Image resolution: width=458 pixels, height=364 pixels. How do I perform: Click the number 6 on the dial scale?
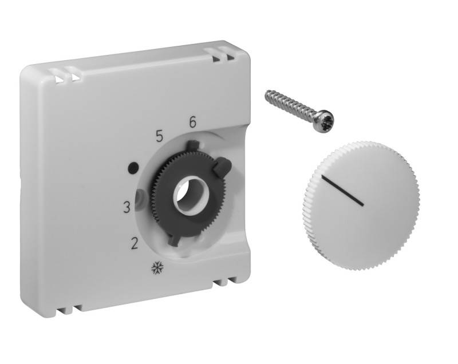[192, 122]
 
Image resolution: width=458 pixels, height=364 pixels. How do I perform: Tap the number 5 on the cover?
[160, 136]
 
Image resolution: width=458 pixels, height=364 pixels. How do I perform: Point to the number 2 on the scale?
[135, 243]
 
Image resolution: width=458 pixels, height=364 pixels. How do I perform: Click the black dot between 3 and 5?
[133, 168]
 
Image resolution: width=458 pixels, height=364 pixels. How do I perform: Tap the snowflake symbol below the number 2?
[155, 268]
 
